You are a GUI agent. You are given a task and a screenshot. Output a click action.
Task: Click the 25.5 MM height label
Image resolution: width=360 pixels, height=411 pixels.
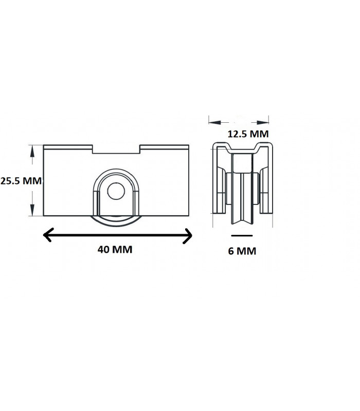pyautogui.click(x=21, y=181)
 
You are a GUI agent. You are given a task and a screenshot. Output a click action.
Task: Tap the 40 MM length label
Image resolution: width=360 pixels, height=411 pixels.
pyautogui.click(x=115, y=249)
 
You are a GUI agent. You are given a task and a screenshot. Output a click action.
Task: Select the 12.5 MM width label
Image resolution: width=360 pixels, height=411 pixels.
pyautogui.click(x=248, y=134)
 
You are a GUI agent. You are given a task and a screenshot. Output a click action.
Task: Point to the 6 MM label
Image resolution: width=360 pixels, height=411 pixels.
pyautogui.click(x=242, y=251)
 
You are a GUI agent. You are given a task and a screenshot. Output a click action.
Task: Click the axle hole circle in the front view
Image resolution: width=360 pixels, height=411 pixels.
pyautogui.click(x=116, y=191)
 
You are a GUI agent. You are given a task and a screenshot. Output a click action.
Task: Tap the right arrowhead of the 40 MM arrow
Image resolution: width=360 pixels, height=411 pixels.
pyautogui.click(x=187, y=236)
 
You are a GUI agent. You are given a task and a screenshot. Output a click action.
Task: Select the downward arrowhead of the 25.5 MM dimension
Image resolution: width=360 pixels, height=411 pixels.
pyautogui.click(x=32, y=210)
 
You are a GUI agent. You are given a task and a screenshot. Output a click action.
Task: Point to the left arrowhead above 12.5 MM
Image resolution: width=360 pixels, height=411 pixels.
pyautogui.click(x=215, y=122)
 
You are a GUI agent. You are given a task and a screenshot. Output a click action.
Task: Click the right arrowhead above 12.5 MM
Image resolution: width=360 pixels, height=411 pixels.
pyautogui.click(x=263, y=122)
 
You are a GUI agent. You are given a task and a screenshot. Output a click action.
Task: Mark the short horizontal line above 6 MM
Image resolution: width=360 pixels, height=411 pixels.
pyautogui.click(x=242, y=236)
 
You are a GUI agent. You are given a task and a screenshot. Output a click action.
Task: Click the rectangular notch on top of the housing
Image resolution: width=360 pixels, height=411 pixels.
pyautogui.click(x=116, y=149)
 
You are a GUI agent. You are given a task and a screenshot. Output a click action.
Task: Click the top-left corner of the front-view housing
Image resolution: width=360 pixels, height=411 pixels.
pyautogui.click(x=44, y=145)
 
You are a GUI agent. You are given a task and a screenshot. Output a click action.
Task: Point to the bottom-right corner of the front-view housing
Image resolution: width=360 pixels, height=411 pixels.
pyautogui.click(x=189, y=216)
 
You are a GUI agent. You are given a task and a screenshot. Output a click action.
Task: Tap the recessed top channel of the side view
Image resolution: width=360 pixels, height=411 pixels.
pyautogui.click(x=242, y=151)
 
